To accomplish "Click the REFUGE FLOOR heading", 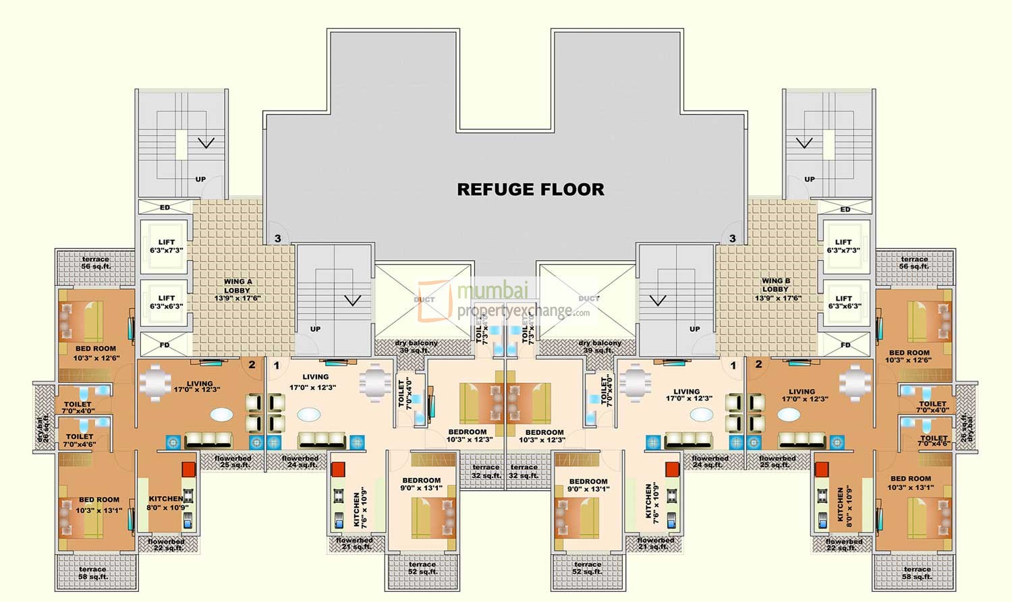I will (530, 189).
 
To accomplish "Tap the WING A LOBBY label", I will (237, 290).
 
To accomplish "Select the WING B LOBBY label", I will (775, 289).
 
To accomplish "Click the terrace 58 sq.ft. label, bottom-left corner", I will (93, 573).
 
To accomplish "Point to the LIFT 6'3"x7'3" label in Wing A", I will (166, 246).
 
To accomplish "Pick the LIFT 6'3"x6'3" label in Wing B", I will (843, 302).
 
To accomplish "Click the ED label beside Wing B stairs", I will (845, 210).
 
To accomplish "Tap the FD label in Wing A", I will (165, 345).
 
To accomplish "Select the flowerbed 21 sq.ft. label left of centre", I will (354, 543).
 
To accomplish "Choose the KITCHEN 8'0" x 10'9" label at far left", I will (165, 503).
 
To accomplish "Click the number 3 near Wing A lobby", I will (277, 239).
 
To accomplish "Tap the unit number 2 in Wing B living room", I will (758, 365).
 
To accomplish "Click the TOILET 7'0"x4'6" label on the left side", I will (79, 440).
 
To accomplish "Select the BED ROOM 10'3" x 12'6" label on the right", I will (909, 356).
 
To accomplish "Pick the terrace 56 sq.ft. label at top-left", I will (96, 263).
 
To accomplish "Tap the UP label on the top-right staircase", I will (809, 179).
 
